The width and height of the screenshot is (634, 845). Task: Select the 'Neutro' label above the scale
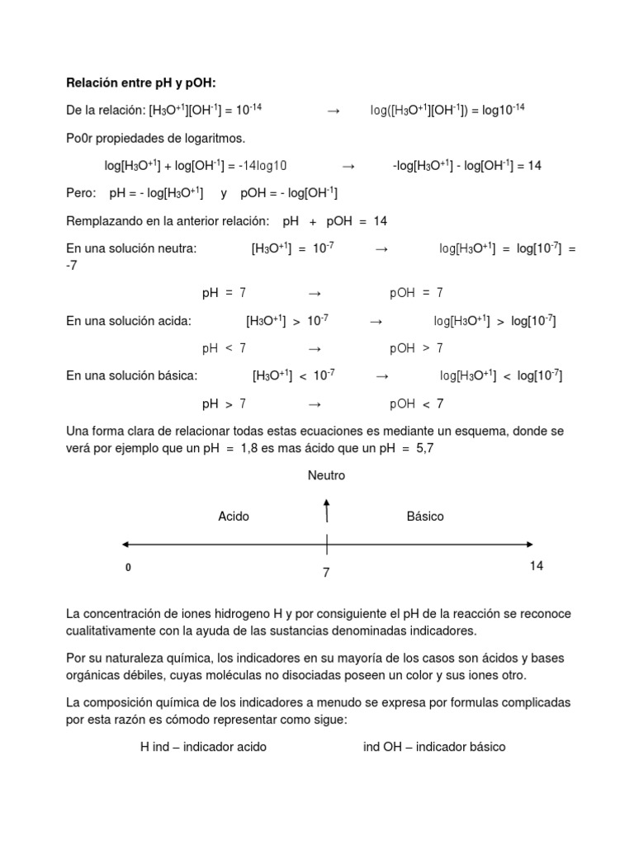pyautogui.click(x=326, y=475)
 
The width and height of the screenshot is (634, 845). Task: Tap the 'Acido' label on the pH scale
pyautogui.click(x=234, y=517)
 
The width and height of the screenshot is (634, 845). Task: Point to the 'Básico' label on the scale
pyautogui.click(x=425, y=517)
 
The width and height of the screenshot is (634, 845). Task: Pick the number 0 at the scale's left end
pyautogui.click(x=127, y=569)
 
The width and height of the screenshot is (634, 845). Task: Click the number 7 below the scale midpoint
pyautogui.click(x=326, y=573)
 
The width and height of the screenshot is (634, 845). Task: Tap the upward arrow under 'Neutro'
pyautogui.click(x=327, y=511)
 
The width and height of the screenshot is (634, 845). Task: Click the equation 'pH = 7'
pyautogui.click(x=224, y=292)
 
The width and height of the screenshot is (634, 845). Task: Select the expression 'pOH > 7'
pyautogui.click(x=416, y=347)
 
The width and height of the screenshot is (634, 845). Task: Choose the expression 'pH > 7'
pyautogui.click(x=224, y=404)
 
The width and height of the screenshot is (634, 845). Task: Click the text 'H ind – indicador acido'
pyautogui.click(x=203, y=747)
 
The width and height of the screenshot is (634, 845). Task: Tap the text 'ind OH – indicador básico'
pyautogui.click(x=434, y=747)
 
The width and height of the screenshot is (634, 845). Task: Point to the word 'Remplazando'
pyautogui.click(x=103, y=221)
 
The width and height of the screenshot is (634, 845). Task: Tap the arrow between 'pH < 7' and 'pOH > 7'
pyautogui.click(x=314, y=348)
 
